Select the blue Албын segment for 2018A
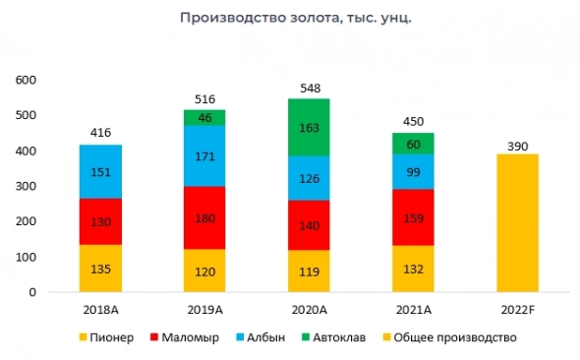[x=101, y=171]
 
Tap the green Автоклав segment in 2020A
[x=309, y=127]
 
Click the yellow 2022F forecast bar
[x=516, y=223]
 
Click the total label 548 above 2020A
[x=309, y=88]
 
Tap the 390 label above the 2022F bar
[x=516, y=144]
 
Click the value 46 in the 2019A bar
[x=205, y=118]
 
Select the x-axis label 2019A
[x=205, y=310]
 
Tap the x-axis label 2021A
[x=413, y=310]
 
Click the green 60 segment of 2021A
[x=413, y=144]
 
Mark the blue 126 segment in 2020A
[x=309, y=178]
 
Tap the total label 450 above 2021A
[x=413, y=122]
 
